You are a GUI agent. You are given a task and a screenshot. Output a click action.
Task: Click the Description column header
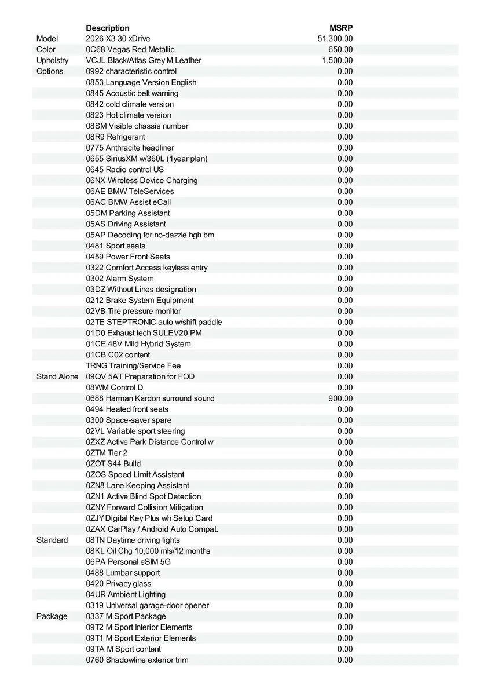coord(108,28)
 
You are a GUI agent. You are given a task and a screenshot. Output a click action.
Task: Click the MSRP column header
coord(341,28)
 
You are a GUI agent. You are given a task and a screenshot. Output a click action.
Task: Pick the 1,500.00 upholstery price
coord(338,60)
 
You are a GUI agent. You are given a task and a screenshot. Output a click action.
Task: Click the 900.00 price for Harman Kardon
coord(340,398)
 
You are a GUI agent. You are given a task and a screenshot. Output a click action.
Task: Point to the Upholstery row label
coord(52,60)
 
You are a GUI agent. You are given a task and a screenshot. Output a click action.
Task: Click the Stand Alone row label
coord(57,376)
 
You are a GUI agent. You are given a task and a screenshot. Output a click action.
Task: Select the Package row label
coord(52,616)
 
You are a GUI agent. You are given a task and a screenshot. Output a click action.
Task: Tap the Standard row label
coord(52,540)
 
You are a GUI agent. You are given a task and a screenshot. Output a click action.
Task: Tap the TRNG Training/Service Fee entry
coord(133,365)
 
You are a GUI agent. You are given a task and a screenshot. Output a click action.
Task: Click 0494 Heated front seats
coord(127,409)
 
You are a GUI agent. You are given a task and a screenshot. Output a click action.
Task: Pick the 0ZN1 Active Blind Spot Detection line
coord(144,496)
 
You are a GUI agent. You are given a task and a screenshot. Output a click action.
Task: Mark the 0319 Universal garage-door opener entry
coord(148,605)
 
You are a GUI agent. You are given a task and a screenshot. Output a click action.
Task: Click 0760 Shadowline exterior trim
coord(137,660)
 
